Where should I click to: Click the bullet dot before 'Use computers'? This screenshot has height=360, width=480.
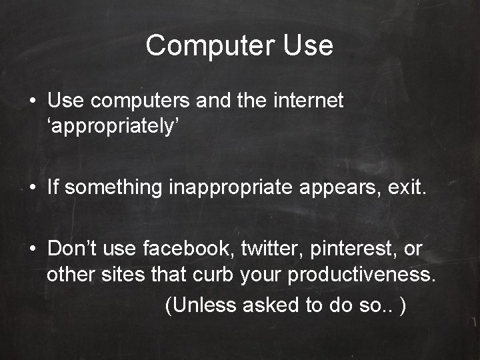(x=32, y=102)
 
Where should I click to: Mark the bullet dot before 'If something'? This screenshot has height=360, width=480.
(x=32, y=189)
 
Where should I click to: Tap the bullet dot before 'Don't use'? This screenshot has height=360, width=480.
(x=32, y=250)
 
